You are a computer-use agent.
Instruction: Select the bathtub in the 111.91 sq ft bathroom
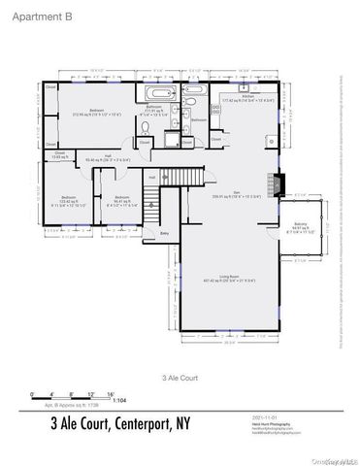(160, 94)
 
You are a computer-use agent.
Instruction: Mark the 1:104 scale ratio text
(119, 400)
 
